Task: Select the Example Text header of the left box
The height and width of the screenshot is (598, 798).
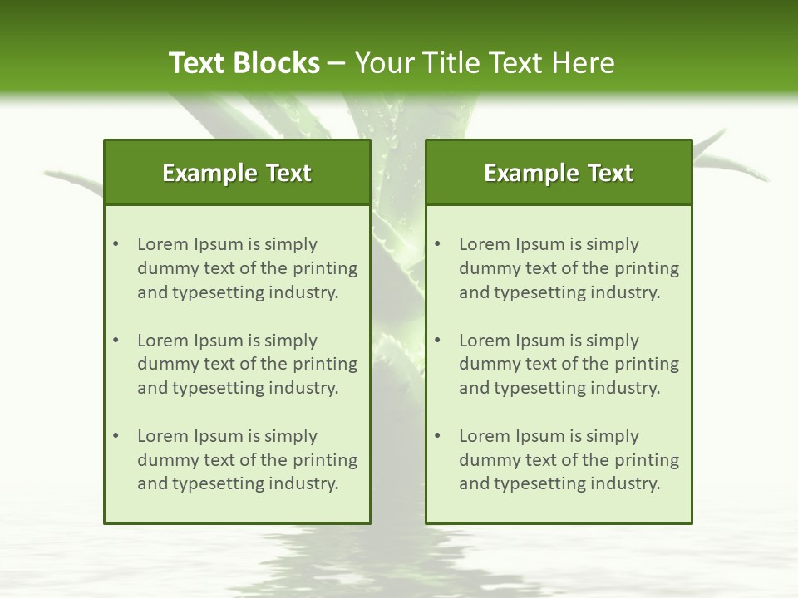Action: (237, 173)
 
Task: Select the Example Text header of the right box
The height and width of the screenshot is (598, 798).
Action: (559, 173)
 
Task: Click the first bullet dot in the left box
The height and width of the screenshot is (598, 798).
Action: (116, 244)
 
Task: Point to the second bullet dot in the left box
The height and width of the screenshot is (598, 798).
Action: (116, 341)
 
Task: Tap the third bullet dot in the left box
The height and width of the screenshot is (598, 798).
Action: (116, 436)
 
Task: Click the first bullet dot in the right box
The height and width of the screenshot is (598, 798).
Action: (437, 244)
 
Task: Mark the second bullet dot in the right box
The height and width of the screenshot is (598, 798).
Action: (437, 341)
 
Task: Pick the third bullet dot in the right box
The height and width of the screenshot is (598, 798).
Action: (437, 436)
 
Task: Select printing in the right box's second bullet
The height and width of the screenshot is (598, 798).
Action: (645, 364)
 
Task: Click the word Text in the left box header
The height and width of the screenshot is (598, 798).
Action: (289, 173)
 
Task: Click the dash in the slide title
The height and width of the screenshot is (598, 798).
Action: (337, 63)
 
